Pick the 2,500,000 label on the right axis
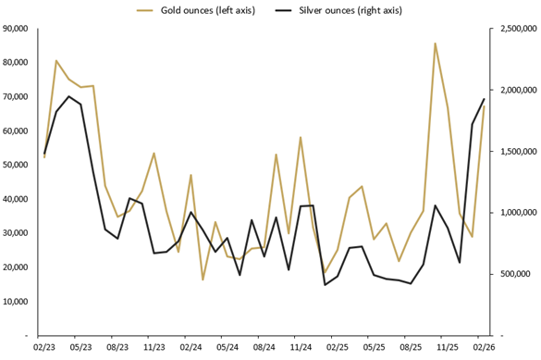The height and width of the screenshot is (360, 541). coord(514,29)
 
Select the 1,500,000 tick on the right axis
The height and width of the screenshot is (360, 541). coord(514,152)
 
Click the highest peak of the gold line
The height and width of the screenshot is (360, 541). coord(435,43)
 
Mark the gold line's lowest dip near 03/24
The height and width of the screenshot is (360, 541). coord(203,279)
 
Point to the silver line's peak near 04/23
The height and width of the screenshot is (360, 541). coord(68,96)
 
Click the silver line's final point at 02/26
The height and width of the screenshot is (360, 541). coord(484,99)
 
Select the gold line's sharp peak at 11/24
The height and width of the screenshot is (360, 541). coord(301,137)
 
